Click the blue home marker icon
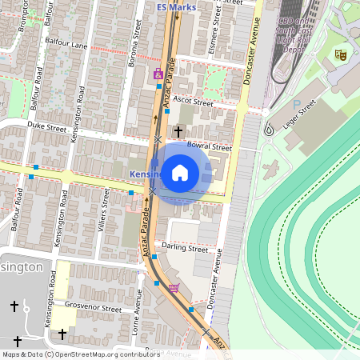[x=180, y=173]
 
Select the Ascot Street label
[x=194, y=102]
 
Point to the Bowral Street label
[x=209, y=147]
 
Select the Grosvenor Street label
[x=92, y=307]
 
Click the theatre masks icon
[x=340, y=54]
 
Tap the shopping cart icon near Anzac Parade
[x=174, y=288]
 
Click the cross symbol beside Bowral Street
[x=178, y=130]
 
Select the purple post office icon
[x=158, y=74]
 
